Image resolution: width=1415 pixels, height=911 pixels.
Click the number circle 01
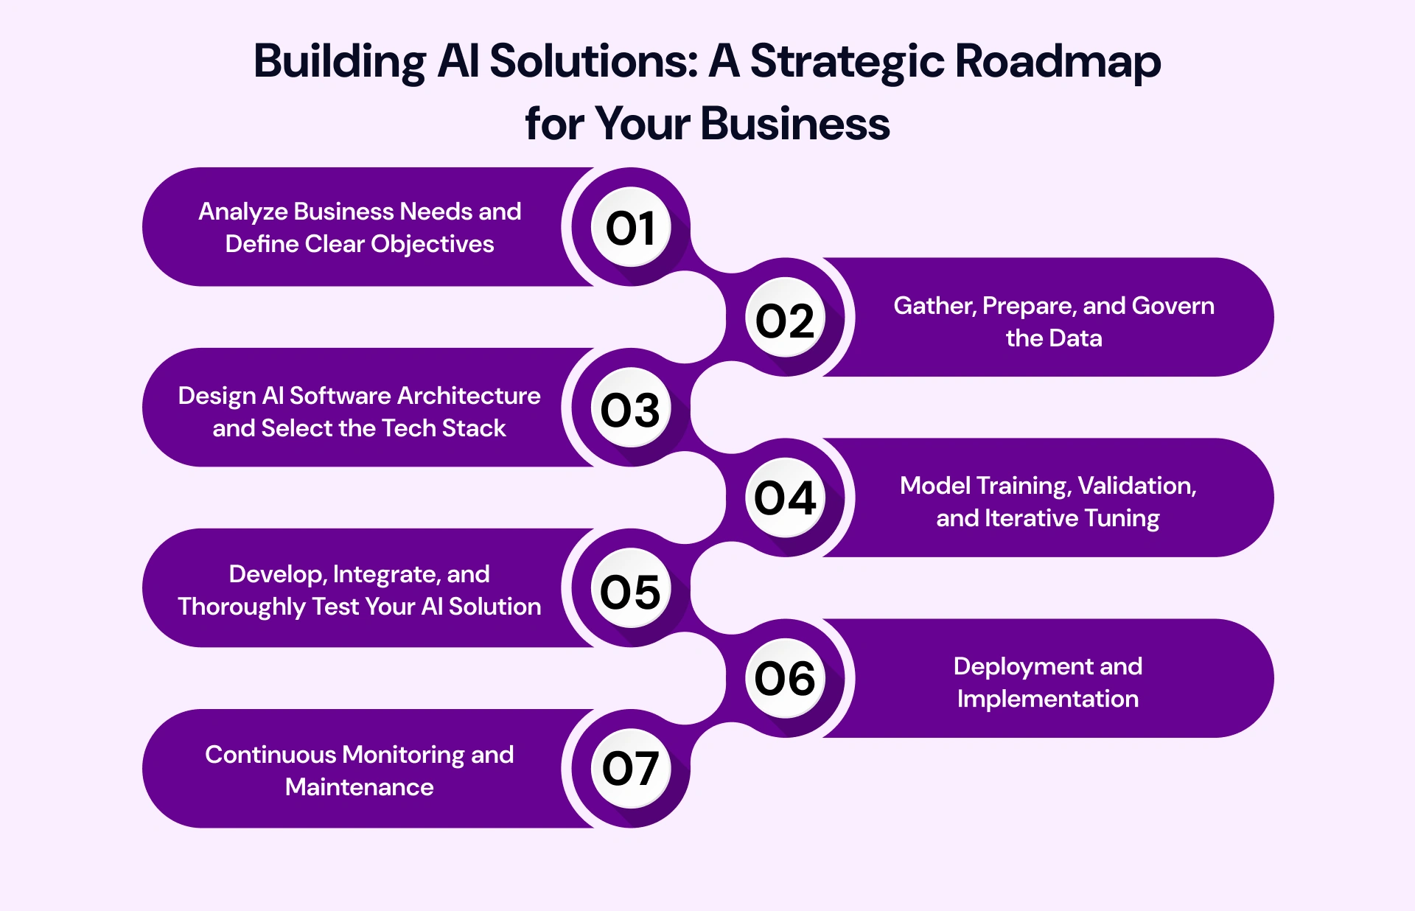631,227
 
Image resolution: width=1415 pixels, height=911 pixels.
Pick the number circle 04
785,498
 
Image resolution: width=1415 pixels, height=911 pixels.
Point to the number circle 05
631,589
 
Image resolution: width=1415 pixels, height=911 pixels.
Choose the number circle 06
785,678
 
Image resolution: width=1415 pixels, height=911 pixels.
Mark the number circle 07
631,768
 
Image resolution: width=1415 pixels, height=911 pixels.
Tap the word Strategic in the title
847,62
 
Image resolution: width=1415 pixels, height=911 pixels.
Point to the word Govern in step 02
1173,306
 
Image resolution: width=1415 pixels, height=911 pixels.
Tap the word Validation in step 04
1137,486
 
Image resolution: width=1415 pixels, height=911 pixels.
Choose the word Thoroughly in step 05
242,607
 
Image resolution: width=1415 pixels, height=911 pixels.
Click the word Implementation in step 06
1047,699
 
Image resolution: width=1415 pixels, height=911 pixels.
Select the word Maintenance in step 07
359,787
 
